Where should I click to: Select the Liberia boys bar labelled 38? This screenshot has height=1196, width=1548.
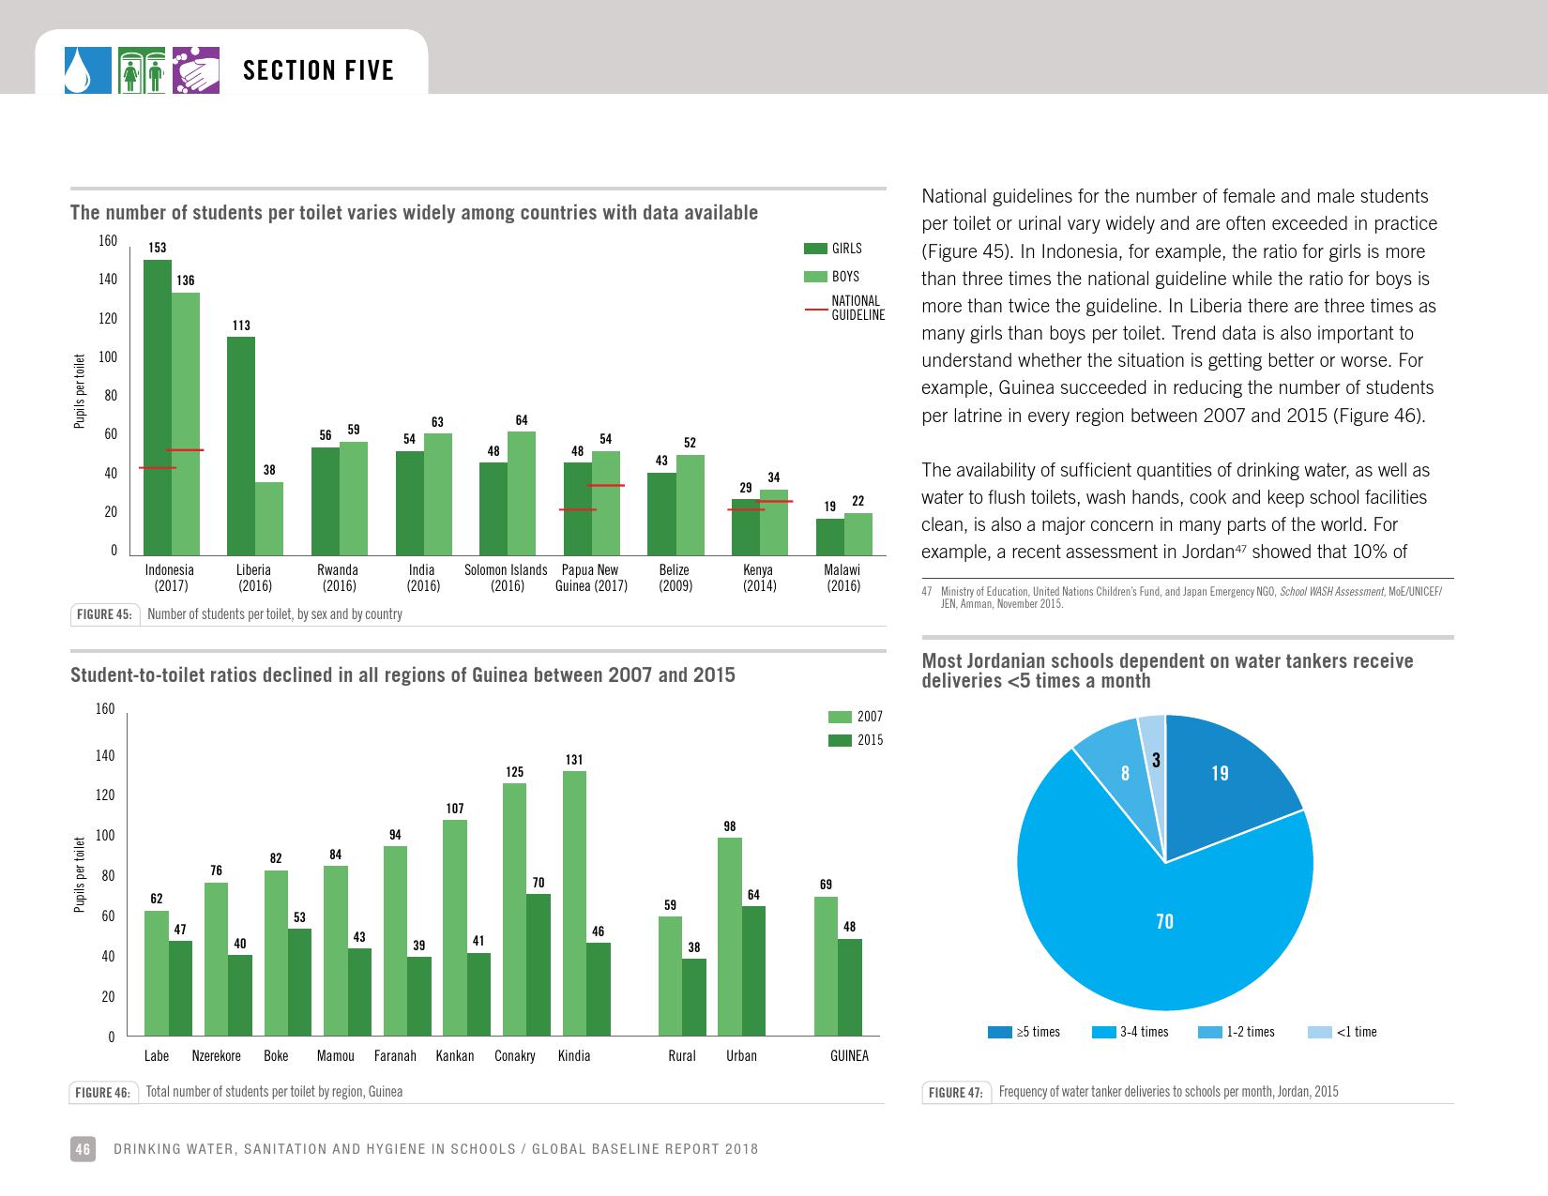[x=268, y=518]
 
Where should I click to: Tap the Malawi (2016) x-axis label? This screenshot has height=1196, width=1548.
[x=842, y=578]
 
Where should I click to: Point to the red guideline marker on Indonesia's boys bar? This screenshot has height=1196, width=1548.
[x=185, y=450]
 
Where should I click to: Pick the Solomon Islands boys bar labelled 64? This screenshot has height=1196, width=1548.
[x=522, y=492]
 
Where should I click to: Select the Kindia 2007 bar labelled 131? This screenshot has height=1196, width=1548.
[x=574, y=902]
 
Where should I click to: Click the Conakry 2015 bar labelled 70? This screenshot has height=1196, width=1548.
[x=538, y=964]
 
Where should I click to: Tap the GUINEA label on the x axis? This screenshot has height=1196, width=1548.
[x=849, y=1056]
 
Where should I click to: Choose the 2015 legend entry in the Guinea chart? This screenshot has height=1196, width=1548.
[x=856, y=740]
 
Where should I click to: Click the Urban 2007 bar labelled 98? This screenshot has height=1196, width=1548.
[x=729, y=936]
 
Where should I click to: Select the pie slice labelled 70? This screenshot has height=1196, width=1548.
[x=1163, y=929]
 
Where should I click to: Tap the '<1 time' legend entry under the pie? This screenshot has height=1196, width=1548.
[x=1343, y=1033]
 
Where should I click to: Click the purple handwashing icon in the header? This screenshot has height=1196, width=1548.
[x=196, y=70]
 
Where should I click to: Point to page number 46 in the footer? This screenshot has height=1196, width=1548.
[x=83, y=1149]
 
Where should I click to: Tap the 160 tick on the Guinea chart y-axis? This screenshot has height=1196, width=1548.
[x=104, y=709]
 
